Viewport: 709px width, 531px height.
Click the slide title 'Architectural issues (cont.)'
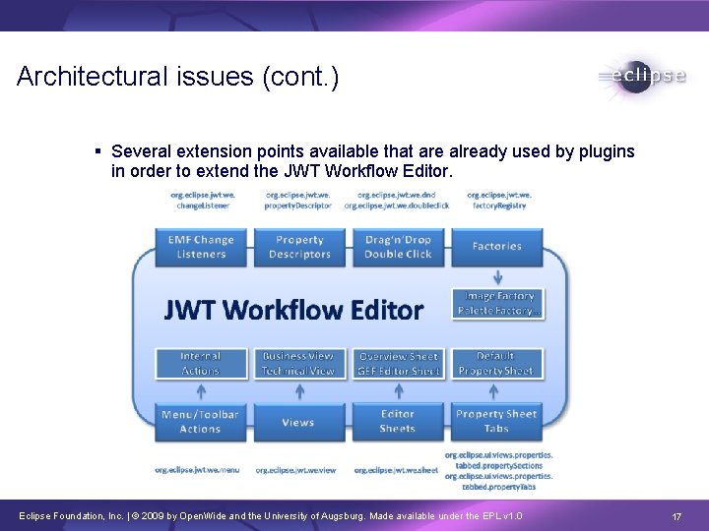(178, 77)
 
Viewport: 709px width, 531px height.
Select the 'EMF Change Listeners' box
(201, 247)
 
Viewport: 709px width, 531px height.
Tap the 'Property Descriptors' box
(299, 247)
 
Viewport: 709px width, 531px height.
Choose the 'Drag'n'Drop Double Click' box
(398, 247)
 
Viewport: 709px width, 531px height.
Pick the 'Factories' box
(496, 247)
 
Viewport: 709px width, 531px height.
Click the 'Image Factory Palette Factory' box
(497, 303)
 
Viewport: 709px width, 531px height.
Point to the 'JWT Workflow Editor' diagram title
(293, 311)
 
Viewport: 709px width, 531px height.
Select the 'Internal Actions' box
(201, 363)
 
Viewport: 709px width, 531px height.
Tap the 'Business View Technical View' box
(298, 363)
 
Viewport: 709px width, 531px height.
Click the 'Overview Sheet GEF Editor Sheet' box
(398, 363)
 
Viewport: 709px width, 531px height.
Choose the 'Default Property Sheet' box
(496, 363)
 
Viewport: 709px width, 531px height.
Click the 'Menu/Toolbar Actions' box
(201, 422)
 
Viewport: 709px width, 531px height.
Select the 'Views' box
(298, 422)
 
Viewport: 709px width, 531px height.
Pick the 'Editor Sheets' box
(398, 422)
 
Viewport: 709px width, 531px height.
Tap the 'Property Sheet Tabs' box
(496, 422)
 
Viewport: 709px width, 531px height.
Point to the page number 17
(677, 516)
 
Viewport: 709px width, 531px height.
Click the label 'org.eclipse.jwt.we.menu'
(197, 470)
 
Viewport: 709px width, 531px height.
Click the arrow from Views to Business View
(298, 390)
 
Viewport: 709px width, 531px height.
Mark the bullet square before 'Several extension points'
(98, 151)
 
